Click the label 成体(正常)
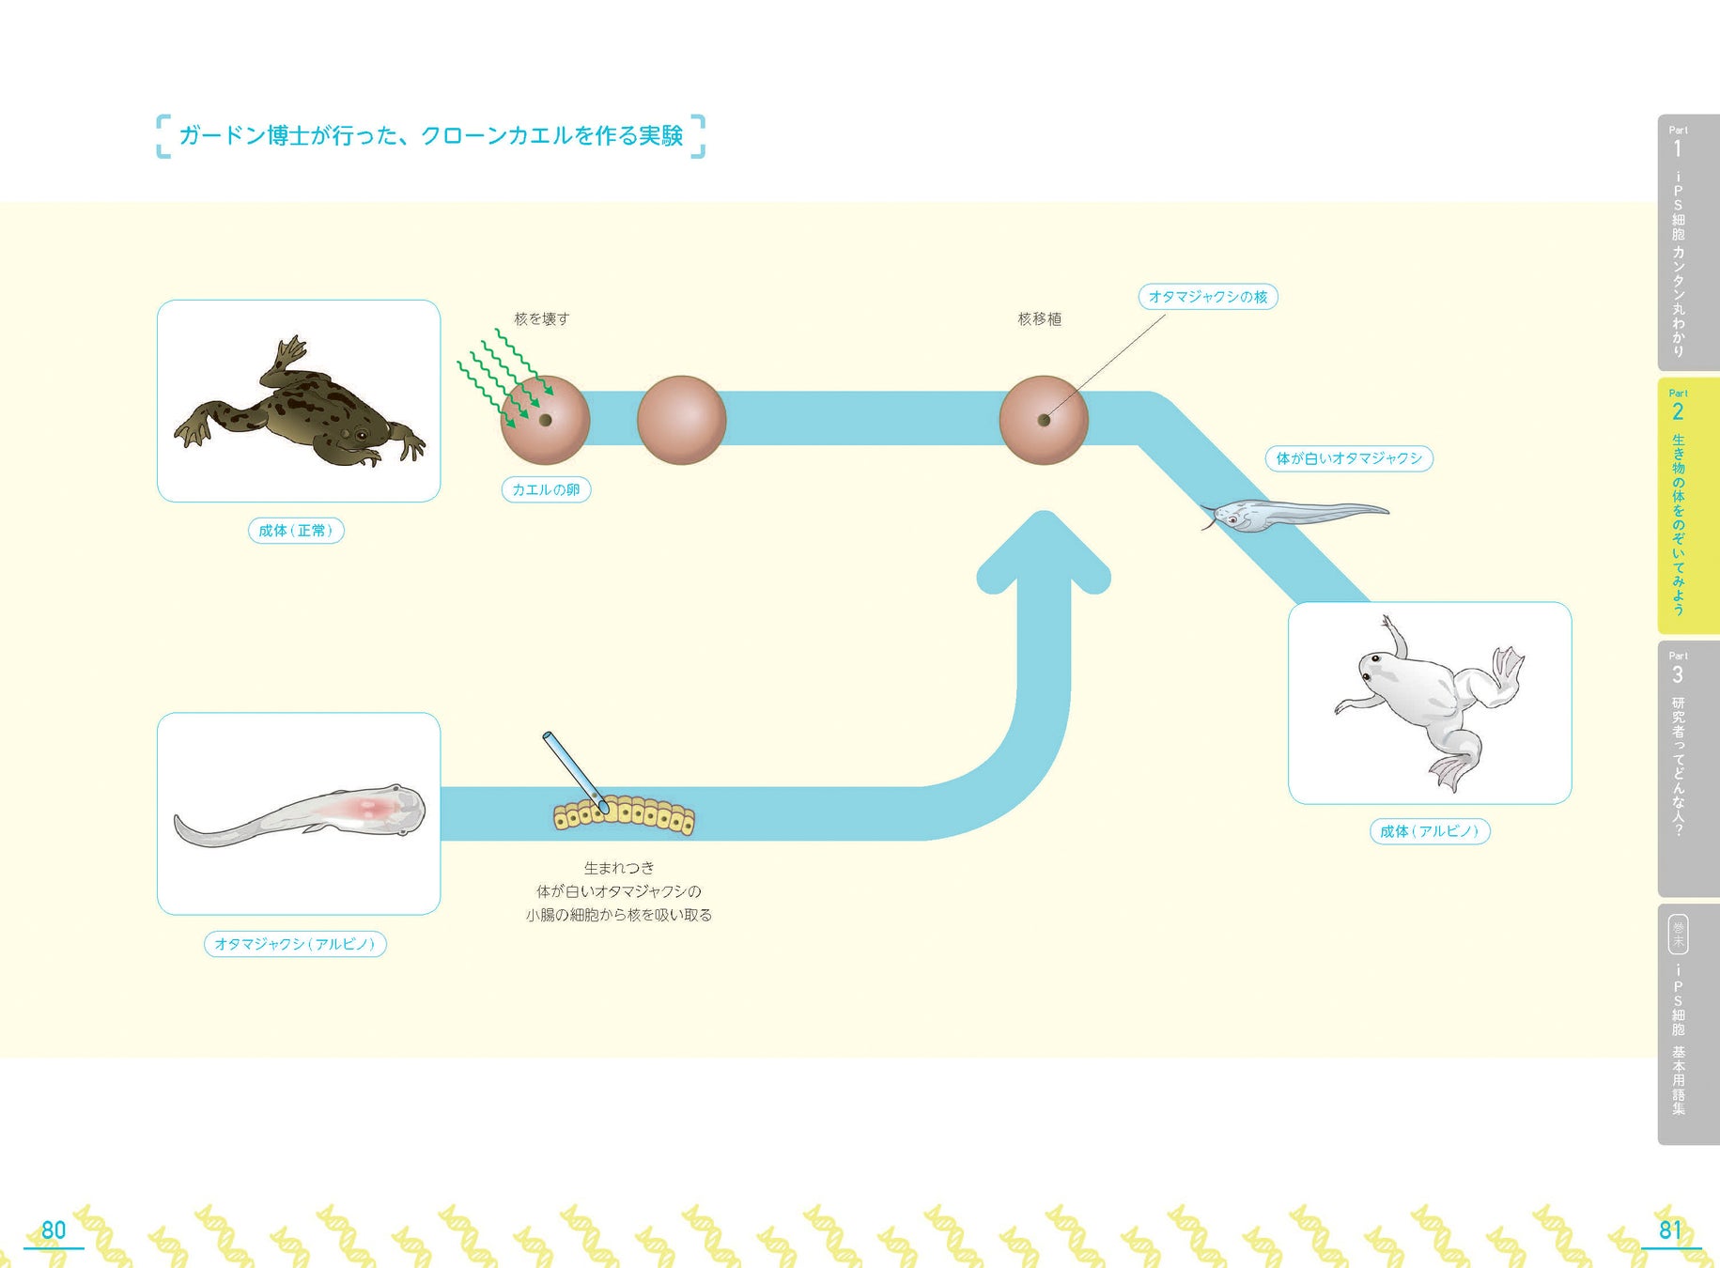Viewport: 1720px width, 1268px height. coord(295,531)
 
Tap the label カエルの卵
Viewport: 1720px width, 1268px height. coord(546,489)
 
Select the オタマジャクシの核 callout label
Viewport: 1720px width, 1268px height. coord(1208,297)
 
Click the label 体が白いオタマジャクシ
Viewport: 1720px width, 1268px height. coord(1348,458)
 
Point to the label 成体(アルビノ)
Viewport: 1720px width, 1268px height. coord(1429,831)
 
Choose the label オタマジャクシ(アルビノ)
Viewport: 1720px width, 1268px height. coord(295,944)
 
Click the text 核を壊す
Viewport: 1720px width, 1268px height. coord(541,319)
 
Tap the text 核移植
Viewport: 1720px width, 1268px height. coord(1040,319)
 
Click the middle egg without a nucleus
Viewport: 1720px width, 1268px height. coord(681,420)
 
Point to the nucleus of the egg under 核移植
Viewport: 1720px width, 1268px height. coord(1043,420)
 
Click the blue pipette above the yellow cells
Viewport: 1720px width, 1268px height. coord(571,765)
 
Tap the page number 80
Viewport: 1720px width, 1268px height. coord(54,1230)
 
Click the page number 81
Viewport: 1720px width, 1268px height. coord(1669,1230)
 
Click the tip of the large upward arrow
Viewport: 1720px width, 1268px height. coord(1044,517)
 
